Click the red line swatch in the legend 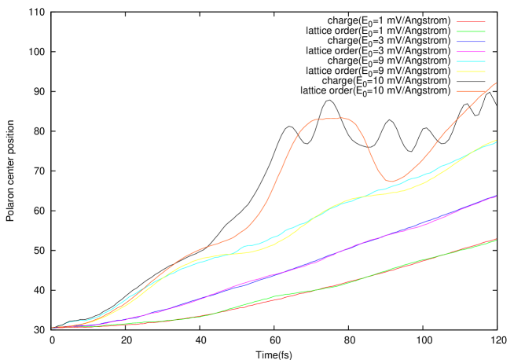pyautogui.click(x=470, y=22)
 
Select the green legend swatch pyautogui.click(x=470, y=31)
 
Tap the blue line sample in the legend pyautogui.click(x=470, y=42)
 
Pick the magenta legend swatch pyautogui.click(x=470, y=51)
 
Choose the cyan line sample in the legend pyautogui.click(x=470, y=61)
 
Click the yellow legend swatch pyautogui.click(x=470, y=71)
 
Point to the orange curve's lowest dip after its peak pyautogui.click(x=392, y=181)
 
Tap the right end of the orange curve pyautogui.click(x=495, y=83)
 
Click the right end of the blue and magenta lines pyautogui.click(x=495, y=197)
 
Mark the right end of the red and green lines pyautogui.click(x=495, y=240)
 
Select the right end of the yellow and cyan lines pyautogui.click(x=495, y=141)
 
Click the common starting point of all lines pyautogui.click(x=53, y=327)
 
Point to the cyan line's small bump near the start pyautogui.click(x=74, y=321)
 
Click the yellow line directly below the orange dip pyautogui.click(x=392, y=192)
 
